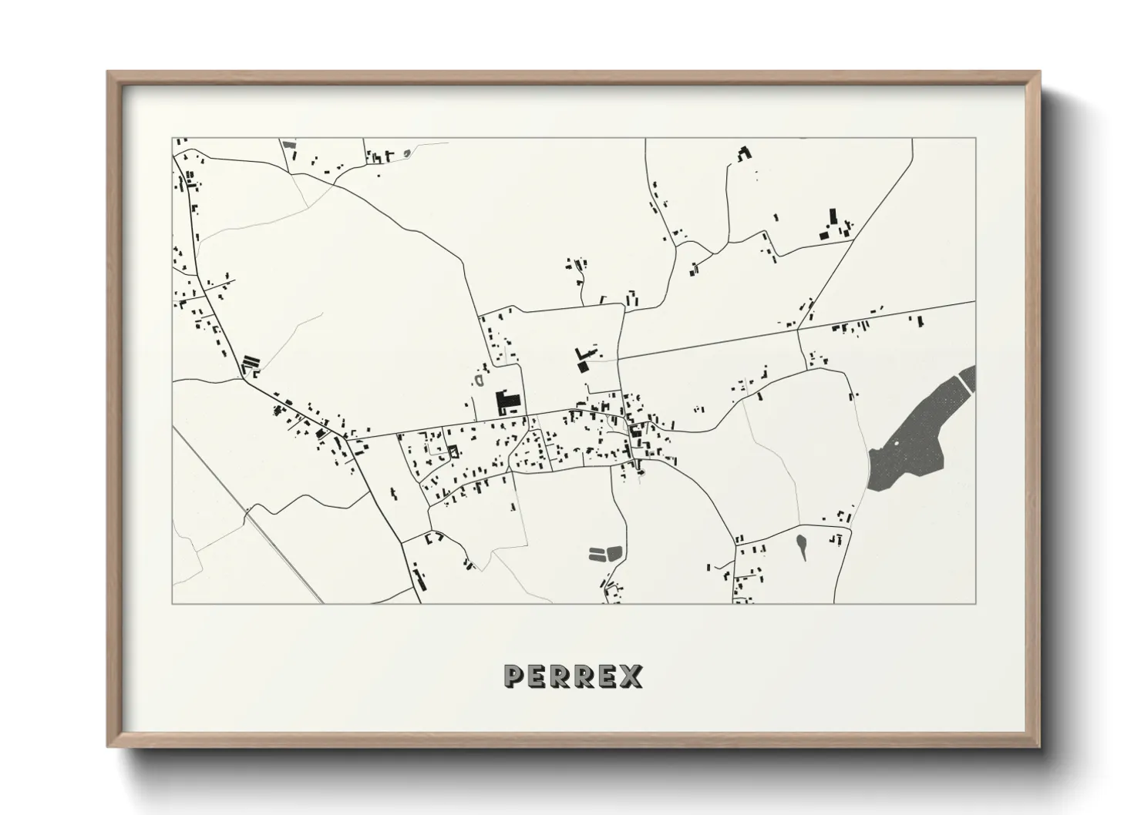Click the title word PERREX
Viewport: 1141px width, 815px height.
click(573, 676)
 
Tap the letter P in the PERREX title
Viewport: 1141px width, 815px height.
click(513, 676)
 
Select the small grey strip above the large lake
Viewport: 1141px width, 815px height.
click(968, 377)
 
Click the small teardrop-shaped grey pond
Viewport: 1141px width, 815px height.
click(803, 546)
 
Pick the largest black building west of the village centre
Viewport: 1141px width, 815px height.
click(507, 402)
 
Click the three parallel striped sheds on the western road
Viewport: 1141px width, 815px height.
click(249, 362)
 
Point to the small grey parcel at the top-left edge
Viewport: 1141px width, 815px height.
click(289, 145)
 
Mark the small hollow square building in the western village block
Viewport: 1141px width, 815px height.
click(453, 451)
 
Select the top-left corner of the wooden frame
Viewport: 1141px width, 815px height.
click(109, 73)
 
